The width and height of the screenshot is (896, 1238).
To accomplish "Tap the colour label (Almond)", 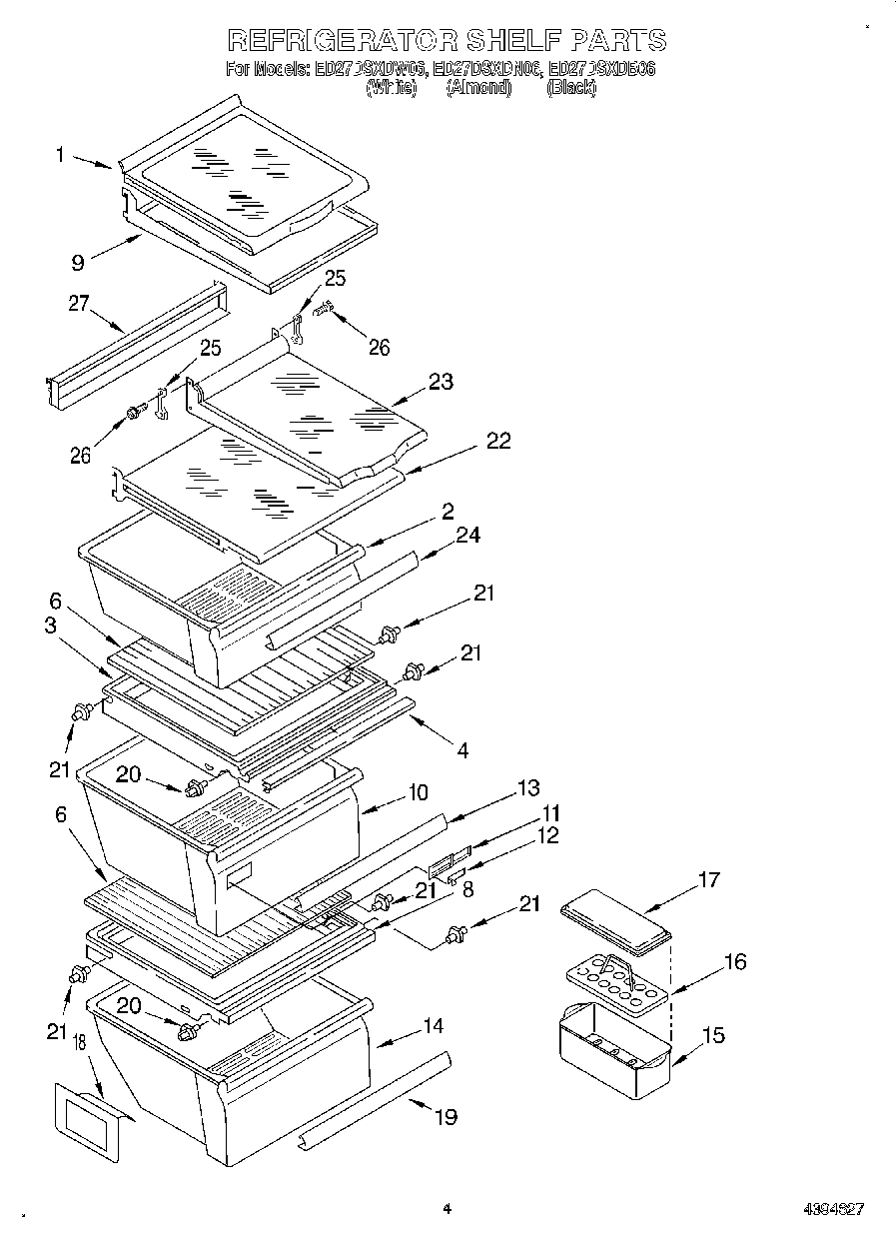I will [478, 88].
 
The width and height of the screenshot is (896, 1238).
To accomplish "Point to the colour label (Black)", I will [571, 88].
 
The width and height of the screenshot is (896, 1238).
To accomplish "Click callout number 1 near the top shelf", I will [61, 154].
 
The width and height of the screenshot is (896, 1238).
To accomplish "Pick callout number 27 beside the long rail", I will [80, 304].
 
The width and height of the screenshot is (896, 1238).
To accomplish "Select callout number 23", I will [441, 381].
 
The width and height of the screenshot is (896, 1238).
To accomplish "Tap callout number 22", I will [497, 441].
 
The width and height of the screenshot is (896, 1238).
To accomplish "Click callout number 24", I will [467, 536].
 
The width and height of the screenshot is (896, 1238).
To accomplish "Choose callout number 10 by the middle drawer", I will [418, 792].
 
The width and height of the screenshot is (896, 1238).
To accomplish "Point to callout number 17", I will [707, 879].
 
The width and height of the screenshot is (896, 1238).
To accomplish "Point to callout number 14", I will [433, 1025].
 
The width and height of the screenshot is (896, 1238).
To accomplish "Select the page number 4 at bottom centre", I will [448, 1209].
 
